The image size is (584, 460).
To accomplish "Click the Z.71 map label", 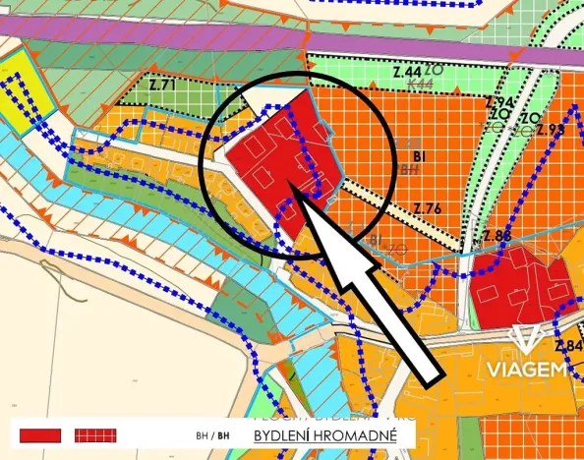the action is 162,86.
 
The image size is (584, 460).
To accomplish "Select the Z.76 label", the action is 428,206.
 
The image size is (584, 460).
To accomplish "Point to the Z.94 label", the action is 499,101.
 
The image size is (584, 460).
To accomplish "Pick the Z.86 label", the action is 497,236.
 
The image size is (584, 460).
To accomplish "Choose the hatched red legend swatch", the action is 95,434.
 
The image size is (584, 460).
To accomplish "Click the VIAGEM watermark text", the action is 531,369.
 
